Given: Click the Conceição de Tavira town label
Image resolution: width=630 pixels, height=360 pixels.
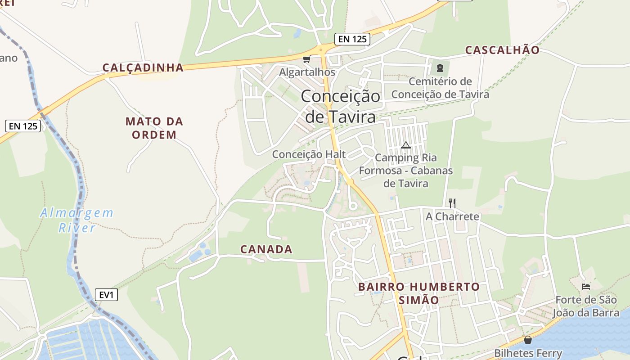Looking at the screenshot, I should point(340,106).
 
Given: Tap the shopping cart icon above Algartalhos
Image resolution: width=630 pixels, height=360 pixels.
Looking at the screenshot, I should point(307,59).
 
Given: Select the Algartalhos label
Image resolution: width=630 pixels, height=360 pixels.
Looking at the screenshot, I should point(307,72).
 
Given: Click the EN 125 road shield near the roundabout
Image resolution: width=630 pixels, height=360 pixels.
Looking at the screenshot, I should point(352,39).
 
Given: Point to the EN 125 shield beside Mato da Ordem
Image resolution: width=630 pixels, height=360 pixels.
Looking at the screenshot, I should point(23,126).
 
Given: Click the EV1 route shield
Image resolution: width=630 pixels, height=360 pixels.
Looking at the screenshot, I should point(106,295).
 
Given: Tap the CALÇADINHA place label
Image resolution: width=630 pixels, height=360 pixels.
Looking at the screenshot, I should point(143,67).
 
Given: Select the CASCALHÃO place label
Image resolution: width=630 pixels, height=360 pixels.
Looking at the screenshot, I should point(502,50).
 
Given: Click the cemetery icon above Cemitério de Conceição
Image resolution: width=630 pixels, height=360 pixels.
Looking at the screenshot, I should point(440,68).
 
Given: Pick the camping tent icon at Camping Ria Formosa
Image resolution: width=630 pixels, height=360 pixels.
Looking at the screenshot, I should point(406,145).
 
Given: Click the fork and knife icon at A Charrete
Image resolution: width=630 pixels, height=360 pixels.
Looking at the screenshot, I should point(452,203).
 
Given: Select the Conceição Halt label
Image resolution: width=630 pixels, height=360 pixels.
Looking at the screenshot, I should point(309,154).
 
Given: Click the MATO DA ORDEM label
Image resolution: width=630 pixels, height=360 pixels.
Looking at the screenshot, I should point(154,128).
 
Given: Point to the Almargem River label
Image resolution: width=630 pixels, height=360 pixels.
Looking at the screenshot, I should point(77,220).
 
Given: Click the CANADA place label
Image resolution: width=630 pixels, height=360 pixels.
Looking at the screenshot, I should point(266,249).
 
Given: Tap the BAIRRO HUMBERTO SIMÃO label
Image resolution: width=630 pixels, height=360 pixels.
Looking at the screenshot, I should point(419,293).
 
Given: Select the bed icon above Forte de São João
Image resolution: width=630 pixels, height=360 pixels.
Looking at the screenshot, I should point(585,286).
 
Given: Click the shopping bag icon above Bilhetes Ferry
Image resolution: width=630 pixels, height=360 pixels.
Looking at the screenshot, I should point(528,340).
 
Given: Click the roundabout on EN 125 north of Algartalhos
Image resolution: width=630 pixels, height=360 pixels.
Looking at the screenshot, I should point(321,50).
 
